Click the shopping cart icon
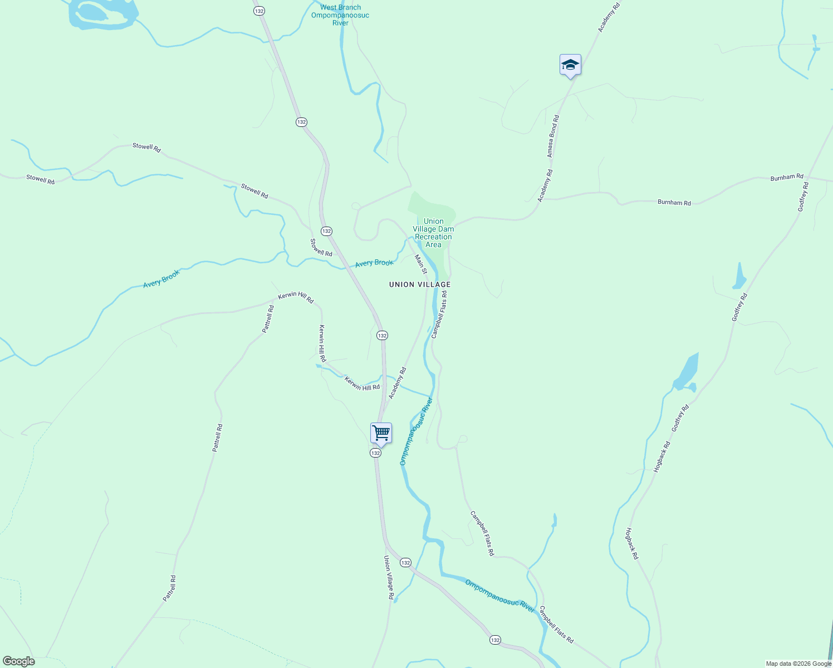pyautogui.click(x=381, y=433)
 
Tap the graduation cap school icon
pyautogui.click(x=570, y=65)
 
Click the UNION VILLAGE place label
pyautogui.click(x=420, y=284)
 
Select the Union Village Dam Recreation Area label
pyautogui.click(x=433, y=233)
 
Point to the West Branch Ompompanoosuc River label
pyautogui.click(x=340, y=15)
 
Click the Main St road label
pyautogui.click(x=420, y=264)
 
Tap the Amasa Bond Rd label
pyautogui.click(x=552, y=136)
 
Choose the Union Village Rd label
pyautogui.click(x=389, y=577)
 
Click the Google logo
pyautogui.click(x=18, y=661)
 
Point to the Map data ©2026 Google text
pyautogui.click(x=798, y=664)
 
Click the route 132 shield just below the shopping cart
pyautogui.click(x=375, y=453)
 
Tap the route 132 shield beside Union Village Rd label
pyautogui.click(x=405, y=563)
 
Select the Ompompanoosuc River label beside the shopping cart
pyautogui.click(x=416, y=431)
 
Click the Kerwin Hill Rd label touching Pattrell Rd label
pyautogui.click(x=296, y=298)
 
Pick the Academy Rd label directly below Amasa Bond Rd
pyautogui.click(x=545, y=185)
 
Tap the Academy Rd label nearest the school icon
pyautogui.click(x=609, y=17)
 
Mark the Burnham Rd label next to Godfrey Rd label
pyautogui.click(x=787, y=178)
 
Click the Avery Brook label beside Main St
pyautogui.click(x=374, y=263)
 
